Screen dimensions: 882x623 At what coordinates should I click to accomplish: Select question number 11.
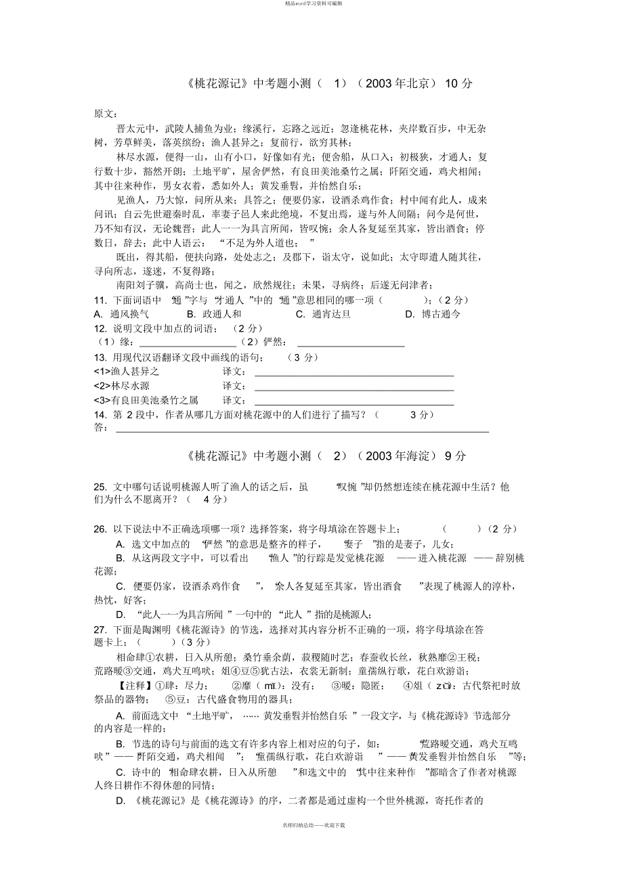[100, 301]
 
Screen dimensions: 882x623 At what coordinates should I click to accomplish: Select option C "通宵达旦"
[324, 314]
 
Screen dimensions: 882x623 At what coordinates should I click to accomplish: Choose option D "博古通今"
[433, 314]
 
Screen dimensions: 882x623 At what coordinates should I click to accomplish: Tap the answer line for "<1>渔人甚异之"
[353, 374]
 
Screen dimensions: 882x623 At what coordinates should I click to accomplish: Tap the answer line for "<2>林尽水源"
[353, 389]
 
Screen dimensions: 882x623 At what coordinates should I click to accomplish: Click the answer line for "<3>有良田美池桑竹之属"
[353, 403]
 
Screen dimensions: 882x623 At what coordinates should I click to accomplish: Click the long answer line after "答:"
[301, 431]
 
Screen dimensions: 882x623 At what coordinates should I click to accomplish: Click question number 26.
[100, 529]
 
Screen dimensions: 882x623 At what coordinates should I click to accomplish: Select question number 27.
[100, 630]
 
